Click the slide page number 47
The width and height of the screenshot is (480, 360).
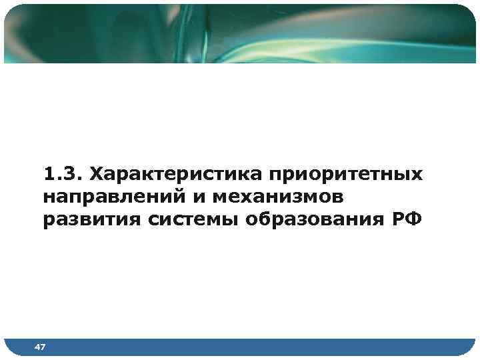40,347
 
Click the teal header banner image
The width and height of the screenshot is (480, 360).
240,33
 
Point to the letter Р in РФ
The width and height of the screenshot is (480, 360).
397,220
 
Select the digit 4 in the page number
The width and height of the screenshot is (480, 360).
37,347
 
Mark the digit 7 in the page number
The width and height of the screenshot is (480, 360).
43,347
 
